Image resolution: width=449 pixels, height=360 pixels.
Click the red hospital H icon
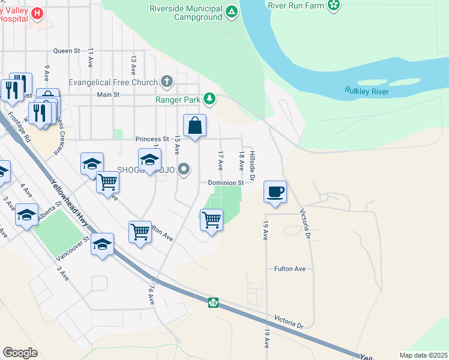(37, 13)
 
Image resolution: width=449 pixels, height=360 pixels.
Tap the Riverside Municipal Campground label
(186, 13)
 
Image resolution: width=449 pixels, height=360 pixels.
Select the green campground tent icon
(231, 11)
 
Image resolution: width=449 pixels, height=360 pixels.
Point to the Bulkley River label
(367, 91)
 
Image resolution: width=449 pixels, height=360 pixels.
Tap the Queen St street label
(67, 51)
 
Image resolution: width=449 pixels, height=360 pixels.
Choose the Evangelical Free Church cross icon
(167, 82)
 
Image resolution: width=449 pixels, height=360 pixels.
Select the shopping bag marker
(194, 126)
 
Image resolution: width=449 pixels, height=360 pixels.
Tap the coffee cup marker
(275, 192)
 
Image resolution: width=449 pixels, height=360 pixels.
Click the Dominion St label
(226, 182)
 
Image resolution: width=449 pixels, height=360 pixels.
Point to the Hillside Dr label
(253, 163)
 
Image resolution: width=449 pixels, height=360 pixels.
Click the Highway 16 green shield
(213, 302)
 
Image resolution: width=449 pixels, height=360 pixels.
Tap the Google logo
(20, 353)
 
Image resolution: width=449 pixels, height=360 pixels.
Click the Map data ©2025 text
(423, 355)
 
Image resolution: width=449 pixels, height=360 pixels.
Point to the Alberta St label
(50, 212)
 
